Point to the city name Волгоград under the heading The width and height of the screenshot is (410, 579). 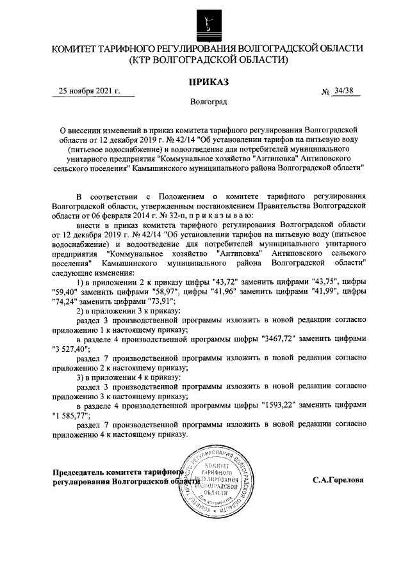[208, 102]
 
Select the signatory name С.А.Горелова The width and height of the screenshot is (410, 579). [338, 479]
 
